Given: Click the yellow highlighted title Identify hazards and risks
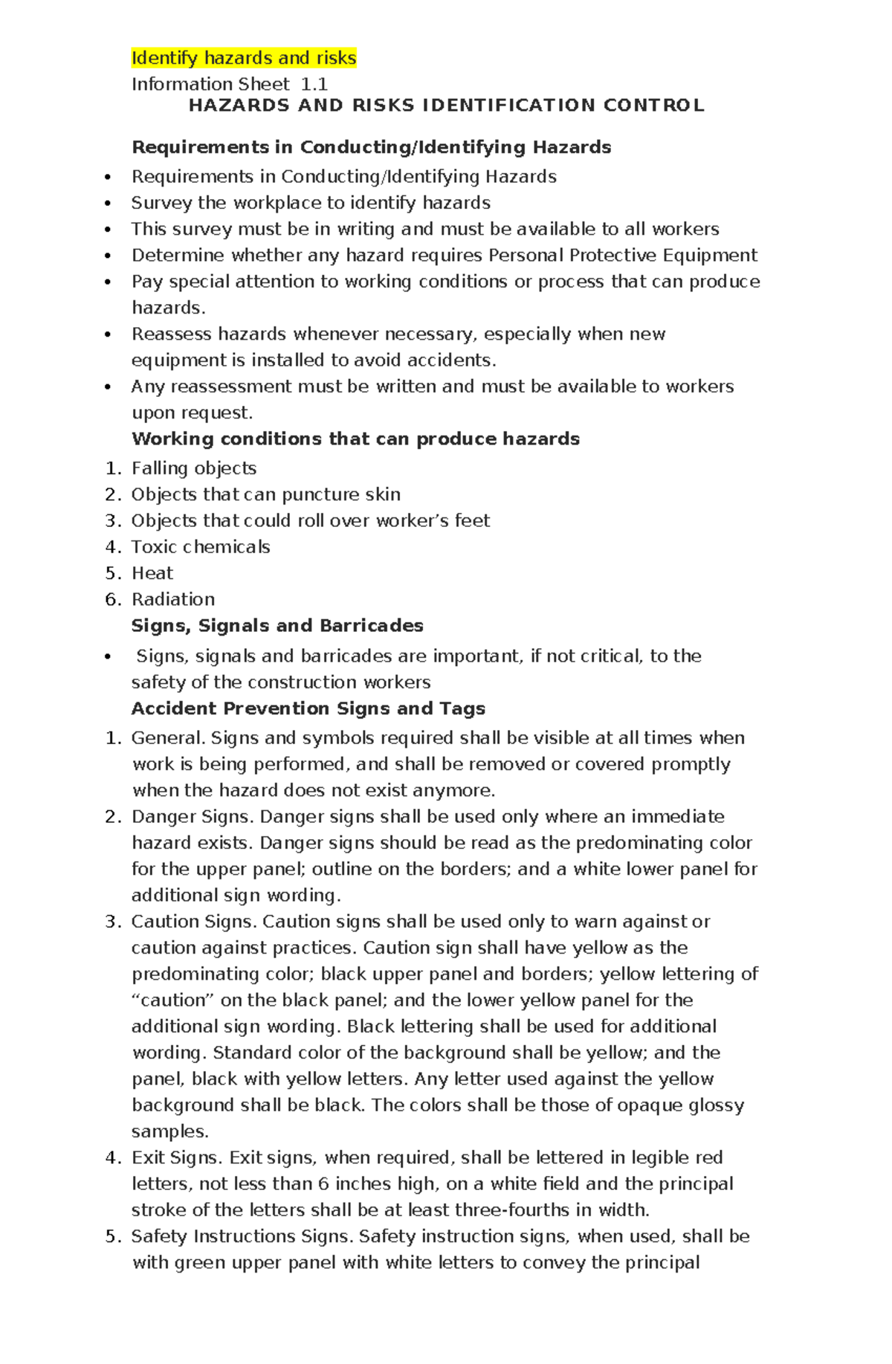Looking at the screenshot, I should (243, 58).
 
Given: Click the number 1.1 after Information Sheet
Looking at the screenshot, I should (314, 84).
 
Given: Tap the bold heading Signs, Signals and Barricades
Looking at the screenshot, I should (277, 626).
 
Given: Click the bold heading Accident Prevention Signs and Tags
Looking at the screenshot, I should (308, 708).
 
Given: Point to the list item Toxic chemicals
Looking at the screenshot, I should (200, 547).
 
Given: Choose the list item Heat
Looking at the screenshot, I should (152, 573).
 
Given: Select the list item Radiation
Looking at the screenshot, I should (172, 599).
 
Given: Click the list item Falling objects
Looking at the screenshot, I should (193, 468).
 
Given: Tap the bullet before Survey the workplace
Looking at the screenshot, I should (109, 204).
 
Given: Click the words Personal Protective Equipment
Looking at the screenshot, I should (622, 256).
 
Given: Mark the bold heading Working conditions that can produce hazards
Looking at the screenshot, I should (355, 439).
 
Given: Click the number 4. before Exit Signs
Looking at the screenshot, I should (112, 1158).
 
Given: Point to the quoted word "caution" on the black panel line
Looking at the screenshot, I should (173, 1001).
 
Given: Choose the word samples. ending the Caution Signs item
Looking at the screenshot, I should (169, 1131).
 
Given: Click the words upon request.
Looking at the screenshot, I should (192, 413).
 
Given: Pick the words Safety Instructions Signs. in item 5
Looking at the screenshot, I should (242, 1236).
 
